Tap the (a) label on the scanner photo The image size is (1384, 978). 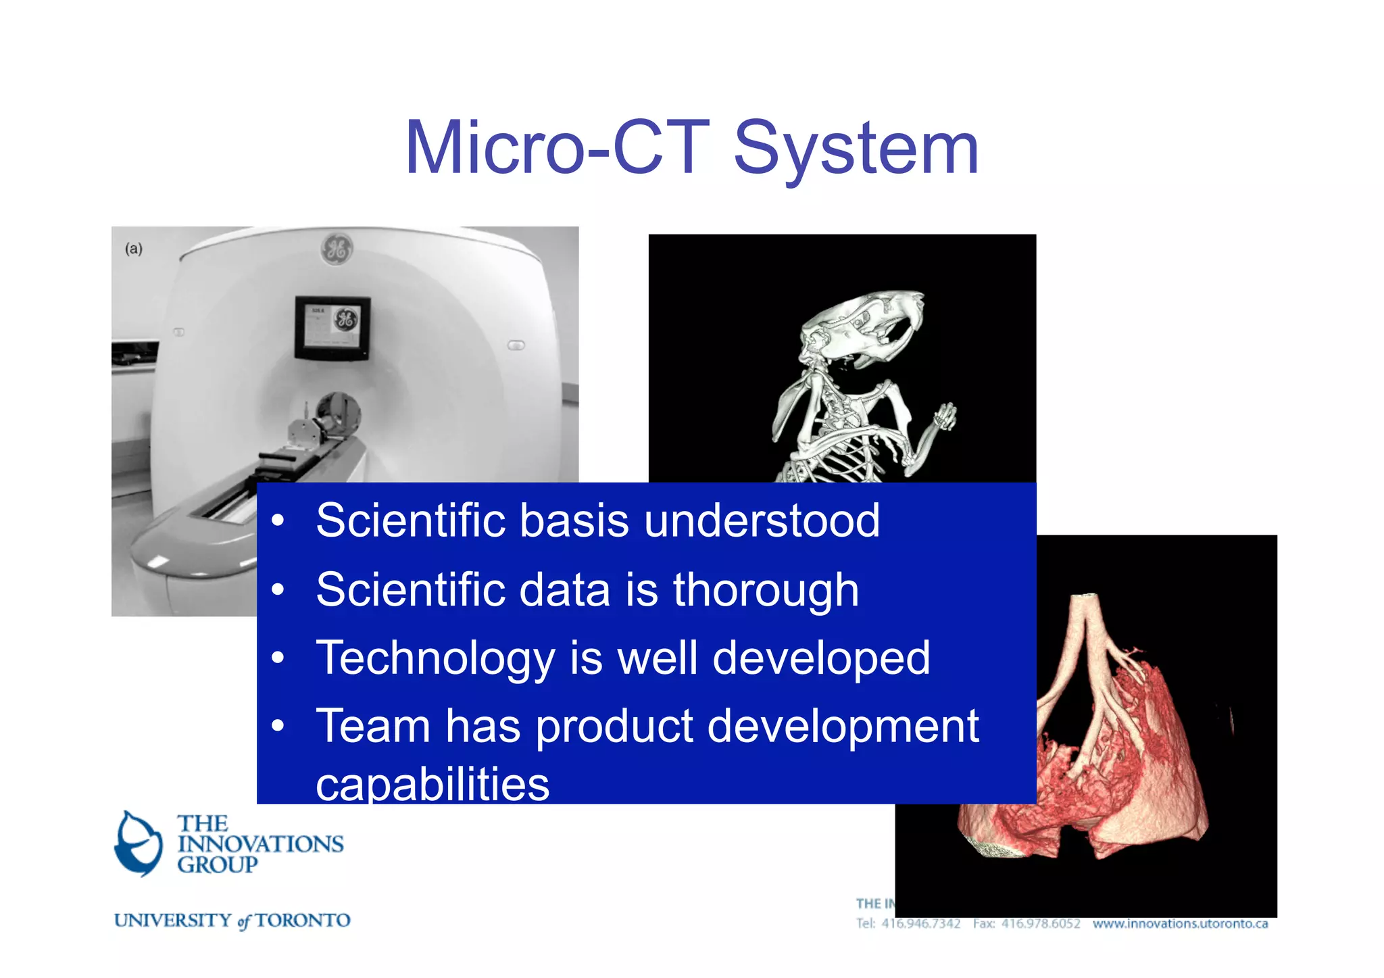coord(134,249)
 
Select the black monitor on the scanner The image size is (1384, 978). coord(332,328)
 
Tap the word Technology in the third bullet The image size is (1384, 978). coord(435,658)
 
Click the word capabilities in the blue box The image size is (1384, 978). coord(432,784)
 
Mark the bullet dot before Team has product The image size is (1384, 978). coord(278,727)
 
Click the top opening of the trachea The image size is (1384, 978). coord(1086,597)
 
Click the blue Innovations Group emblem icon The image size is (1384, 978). coord(139,843)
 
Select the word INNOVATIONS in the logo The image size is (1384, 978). coord(260,844)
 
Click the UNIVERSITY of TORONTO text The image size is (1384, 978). coord(232,921)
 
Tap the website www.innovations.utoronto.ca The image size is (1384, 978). coord(1180,924)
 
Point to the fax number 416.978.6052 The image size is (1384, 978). coord(1041,924)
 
